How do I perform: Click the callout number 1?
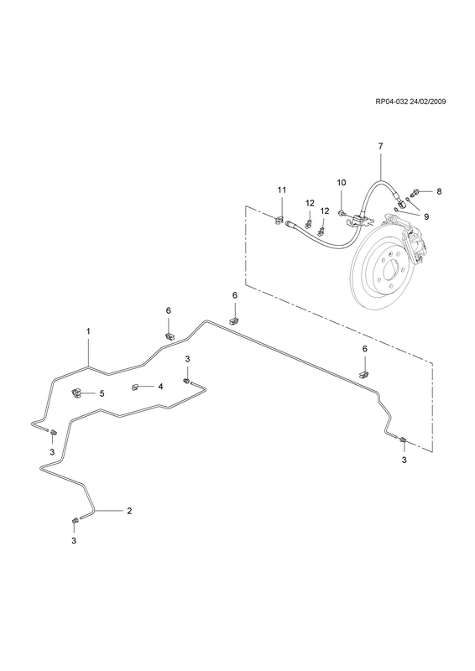(88, 330)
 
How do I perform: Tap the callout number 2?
(129, 511)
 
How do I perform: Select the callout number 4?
(160, 387)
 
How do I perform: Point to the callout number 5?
(102, 393)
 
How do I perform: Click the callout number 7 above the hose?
(380, 146)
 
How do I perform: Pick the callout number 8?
(439, 191)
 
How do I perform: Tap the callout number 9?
(426, 216)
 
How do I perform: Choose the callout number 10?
(341, 182)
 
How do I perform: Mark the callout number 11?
(281, 190)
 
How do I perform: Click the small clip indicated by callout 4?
(134, 387)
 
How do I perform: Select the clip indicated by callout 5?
(76, 392)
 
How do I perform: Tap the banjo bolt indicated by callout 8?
(415, 192)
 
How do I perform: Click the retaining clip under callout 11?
(279, 220)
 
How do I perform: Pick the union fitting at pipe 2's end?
(75, 520)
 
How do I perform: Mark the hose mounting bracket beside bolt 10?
(358, 220)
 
